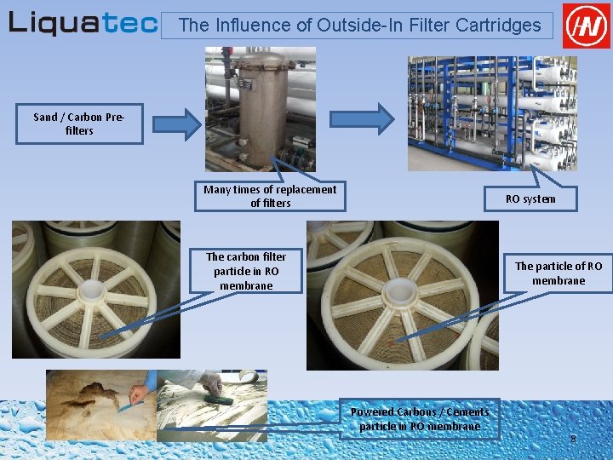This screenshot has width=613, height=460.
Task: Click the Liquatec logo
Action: point(83,23)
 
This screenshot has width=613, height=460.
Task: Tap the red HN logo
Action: point(587,26)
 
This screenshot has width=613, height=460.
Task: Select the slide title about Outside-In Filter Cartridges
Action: point(359,26)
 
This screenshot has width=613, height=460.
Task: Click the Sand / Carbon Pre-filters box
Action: point(78,124)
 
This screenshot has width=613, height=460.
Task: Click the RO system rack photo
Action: point(491,112)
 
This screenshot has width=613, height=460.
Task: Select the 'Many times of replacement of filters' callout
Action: point(270,196)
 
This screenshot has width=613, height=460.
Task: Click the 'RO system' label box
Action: point(530,199)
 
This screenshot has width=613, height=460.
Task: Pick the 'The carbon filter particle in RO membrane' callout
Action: point(246,271)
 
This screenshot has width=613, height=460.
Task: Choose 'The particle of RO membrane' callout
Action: point(558,273)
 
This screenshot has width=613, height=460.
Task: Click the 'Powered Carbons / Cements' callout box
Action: point(419,419)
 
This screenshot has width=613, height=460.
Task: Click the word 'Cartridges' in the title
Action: point(501,26)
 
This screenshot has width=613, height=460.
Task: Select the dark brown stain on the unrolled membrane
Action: point(94,394)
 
